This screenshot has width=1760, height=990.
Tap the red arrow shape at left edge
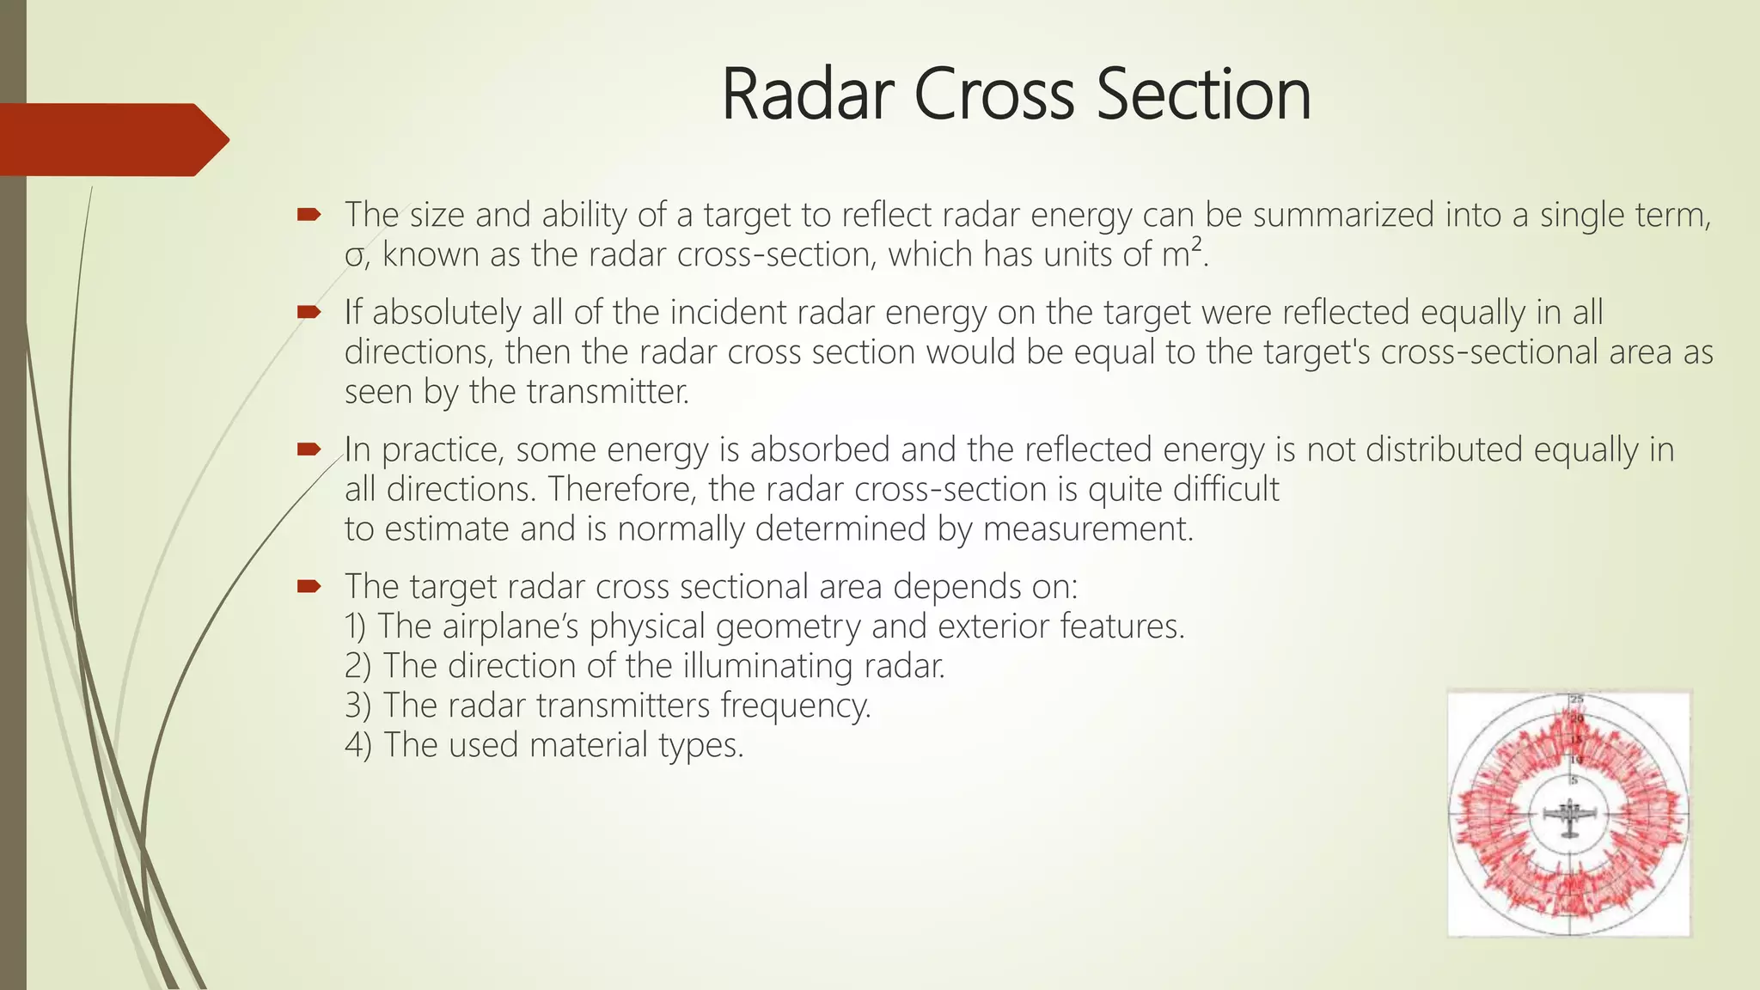tap(112, 139)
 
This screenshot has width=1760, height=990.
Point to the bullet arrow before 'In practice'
tap(309, 449)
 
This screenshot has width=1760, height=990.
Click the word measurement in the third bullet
tap(1087, 529)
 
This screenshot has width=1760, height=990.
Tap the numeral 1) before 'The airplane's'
tap(357, 626)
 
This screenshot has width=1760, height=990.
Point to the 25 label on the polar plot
tap(1577, 699)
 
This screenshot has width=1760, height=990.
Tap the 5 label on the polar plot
tap(1574, 780)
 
